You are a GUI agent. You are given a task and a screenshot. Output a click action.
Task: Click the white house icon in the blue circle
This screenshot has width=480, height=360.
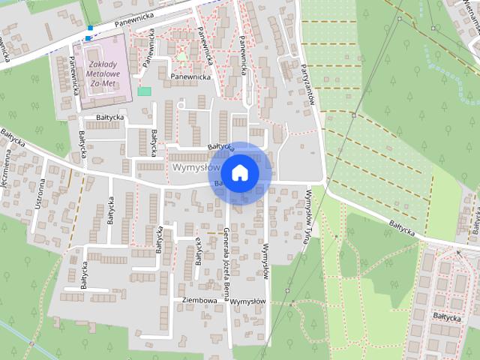click(x=239, y=172)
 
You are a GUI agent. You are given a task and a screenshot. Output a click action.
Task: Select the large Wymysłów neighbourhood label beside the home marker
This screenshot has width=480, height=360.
click(x=191, y=166)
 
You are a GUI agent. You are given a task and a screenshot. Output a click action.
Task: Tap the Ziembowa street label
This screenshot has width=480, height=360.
click(x=199, y=300)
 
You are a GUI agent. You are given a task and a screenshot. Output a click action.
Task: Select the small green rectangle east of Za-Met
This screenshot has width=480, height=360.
click(x=144, y=91)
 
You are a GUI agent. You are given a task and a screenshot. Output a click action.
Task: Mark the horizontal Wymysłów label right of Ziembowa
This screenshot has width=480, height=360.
click(x=247, y=301)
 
